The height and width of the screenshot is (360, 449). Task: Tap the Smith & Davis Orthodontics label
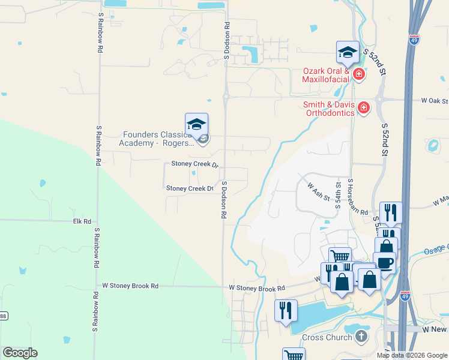pos(331,109)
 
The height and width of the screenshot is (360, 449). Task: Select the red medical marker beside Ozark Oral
pos(358,74)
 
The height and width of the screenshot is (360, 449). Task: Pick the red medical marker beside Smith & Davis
pos(363,108)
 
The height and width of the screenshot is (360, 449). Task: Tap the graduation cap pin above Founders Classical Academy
pos(196,125)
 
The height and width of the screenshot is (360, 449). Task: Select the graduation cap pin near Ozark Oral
pos(348,53)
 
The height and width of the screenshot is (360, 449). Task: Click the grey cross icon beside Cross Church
pos(361,336)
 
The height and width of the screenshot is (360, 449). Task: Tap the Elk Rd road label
pos(83,221)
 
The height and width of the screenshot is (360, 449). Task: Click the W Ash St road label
pos(319,193)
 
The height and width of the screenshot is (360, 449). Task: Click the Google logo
pos(20,353)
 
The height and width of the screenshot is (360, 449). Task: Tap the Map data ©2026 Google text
pos(411,355)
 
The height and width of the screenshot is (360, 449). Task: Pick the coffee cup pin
pos(384,263)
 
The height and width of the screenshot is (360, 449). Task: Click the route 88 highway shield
pos(2,316)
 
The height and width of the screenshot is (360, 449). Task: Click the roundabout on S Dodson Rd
pos(226,96)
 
